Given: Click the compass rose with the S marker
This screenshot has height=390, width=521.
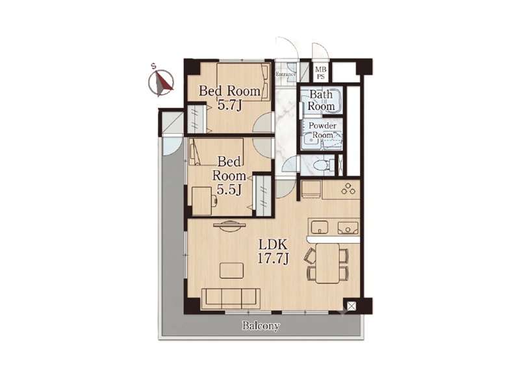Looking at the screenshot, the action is click(x=161, y=83).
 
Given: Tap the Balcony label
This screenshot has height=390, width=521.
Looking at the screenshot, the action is click(x=260, y=326).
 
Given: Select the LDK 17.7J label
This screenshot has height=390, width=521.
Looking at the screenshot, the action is click(x=273, y=252).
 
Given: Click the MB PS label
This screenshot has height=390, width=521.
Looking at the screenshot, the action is click(x=321, y=73).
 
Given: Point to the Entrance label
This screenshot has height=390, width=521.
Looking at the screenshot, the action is click(x=285, y=75).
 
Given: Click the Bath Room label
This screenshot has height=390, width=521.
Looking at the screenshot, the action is click(x=321, y=100).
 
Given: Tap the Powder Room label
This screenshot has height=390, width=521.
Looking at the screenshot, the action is click(x=322, y=131).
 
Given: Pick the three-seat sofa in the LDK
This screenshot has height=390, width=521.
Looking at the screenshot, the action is click(x=231, y=298).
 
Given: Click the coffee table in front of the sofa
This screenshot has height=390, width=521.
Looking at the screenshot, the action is click(x=231, y=270).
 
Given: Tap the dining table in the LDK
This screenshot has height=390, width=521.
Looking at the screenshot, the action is click(x=327, y=263).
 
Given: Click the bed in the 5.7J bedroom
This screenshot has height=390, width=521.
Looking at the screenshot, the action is click(x=244, y=82).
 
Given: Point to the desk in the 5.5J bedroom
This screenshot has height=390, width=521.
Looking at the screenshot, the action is click(x=201, y=201).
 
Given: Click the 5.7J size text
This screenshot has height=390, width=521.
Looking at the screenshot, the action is click(x=229, y=105).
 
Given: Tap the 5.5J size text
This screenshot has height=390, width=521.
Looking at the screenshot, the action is click(x=229, y=190).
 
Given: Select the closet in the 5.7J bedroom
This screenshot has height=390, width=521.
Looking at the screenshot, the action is click(x=197, y=119).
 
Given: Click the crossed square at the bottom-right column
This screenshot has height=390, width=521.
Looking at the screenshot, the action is click(x=351, y=306).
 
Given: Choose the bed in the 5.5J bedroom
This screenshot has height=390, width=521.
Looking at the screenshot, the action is click(x=216, y=151).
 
